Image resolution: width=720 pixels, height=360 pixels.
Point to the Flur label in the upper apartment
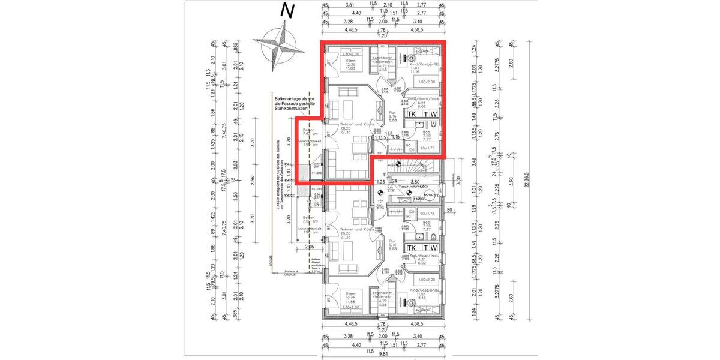392,112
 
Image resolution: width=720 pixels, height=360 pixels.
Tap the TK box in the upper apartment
413,113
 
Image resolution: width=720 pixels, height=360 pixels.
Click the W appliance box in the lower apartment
434,247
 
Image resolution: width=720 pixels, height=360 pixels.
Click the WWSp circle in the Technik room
430,196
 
